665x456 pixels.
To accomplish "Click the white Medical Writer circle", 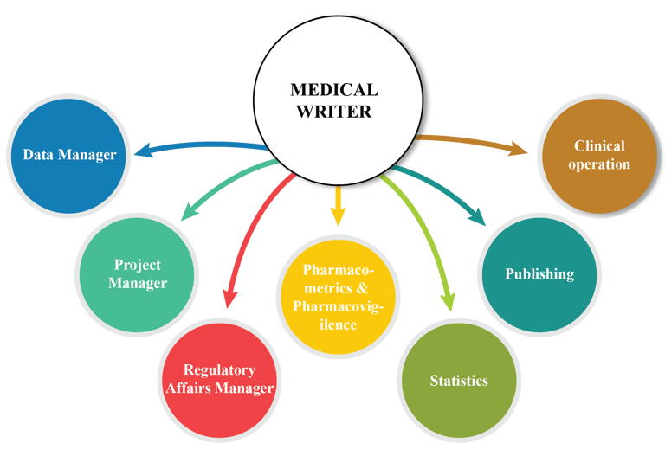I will click(x=333, y=100).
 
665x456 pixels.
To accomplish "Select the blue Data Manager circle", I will click(x=68, y=156).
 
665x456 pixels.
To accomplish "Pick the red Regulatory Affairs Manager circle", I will click(x=219, y=378).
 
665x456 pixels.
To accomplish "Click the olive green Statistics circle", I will click(x=459, y=380).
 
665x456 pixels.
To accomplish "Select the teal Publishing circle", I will click(x=539, y=274).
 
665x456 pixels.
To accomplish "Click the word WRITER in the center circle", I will click(x=333, y=111).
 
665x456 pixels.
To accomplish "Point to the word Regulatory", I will click(x=219, y=369).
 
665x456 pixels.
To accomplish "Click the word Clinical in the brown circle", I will click(x=599, y=145).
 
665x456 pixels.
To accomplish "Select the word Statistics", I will click(x=459, y=381).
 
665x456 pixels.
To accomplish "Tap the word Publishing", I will click(x=539, y=274).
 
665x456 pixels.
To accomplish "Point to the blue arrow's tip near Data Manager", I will click(x=137, y=153).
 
